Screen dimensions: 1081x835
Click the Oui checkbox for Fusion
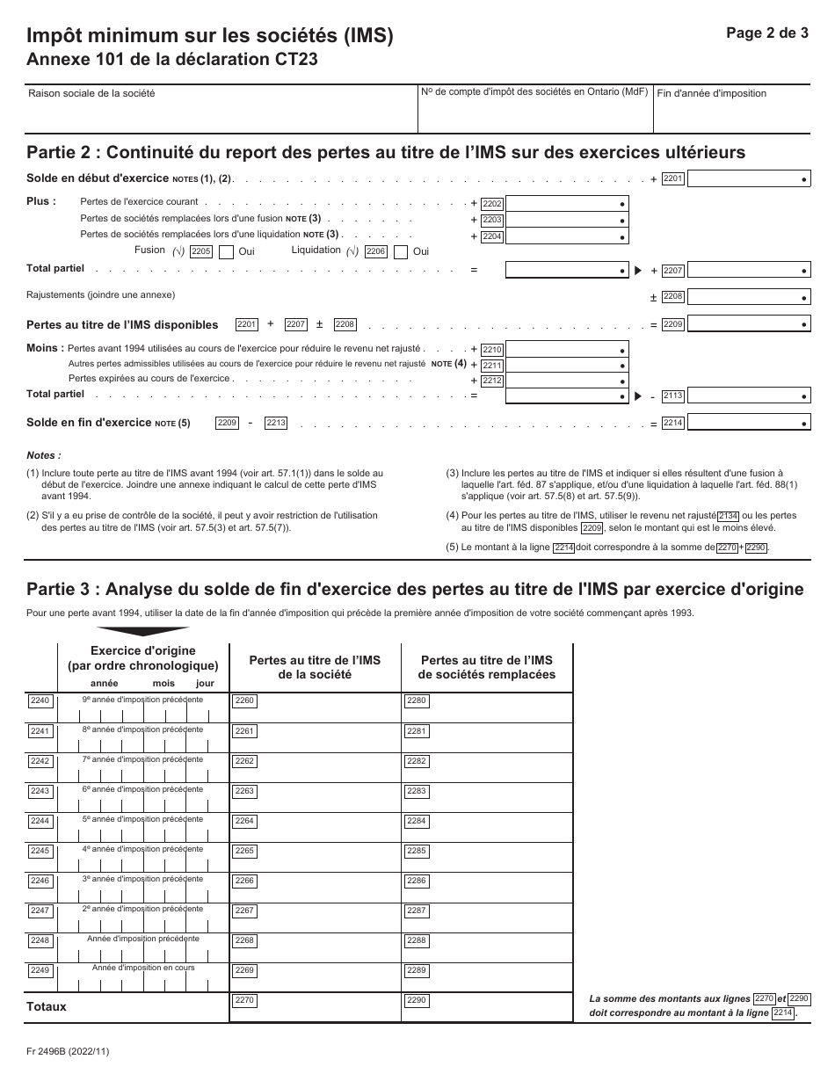click(226, 252)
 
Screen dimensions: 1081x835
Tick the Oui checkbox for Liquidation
click(401, 252)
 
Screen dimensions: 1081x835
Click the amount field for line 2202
click(567, 203)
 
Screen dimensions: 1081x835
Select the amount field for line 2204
click(567, 236)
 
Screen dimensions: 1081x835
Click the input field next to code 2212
click(567, 380)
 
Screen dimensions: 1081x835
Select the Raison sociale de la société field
click(220, 108)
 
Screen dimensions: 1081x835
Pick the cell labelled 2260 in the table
click(315, 707)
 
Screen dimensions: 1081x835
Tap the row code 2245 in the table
click(40, 851)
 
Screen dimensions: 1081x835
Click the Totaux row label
click(47, 1007)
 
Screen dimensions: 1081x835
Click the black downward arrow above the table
click(142, 630)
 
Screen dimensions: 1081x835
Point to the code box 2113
click(672, 395)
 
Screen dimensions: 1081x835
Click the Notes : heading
click(44, 456)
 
